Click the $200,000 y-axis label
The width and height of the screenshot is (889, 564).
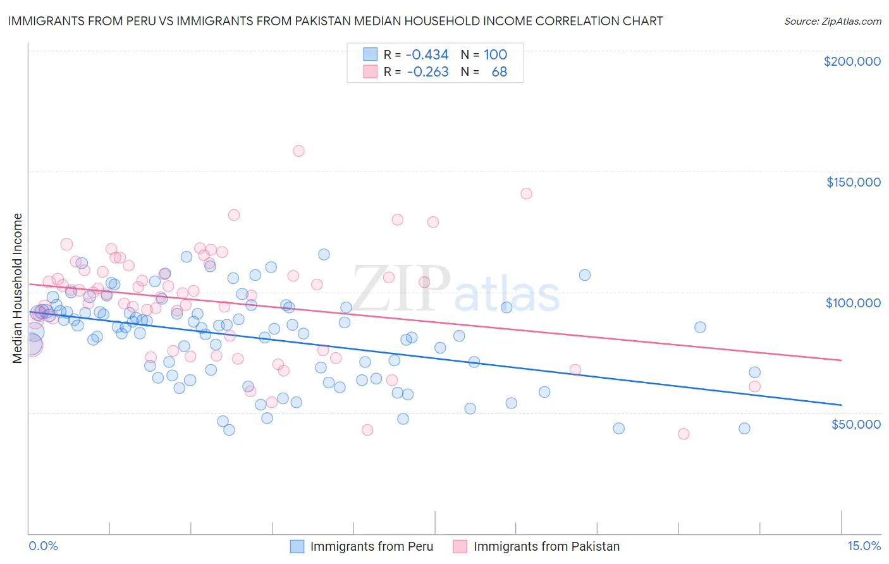coord(852,61)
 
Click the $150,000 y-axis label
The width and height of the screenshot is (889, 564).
coord(853,182)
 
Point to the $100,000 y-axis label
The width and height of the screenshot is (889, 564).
coord(853,303)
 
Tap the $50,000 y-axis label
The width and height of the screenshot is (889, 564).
coord(855,424)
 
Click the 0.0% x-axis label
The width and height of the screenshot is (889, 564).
coord(43,546)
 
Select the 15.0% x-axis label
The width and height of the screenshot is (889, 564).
coord(864,546)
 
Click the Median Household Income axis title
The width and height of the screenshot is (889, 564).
coord(17,288)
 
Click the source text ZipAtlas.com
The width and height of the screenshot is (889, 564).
coord(832,21)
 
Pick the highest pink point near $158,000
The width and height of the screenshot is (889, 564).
coord(298,151)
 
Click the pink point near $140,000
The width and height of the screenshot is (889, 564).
coord(526,193)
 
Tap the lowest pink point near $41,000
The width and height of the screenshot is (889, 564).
coord(683,434)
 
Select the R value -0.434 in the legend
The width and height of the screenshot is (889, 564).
coord(427,55)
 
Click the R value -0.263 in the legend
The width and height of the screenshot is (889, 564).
coord(427,72)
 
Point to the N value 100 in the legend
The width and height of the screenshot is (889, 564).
coord(495,55)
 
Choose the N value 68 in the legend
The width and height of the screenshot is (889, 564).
coord(499,72)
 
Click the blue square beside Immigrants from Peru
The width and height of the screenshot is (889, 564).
coord(297,546)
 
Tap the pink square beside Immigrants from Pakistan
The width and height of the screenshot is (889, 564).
coord(460,546)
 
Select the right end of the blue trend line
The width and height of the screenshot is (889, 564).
coord(841,405)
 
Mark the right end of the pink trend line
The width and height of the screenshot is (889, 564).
coord(841,360)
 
